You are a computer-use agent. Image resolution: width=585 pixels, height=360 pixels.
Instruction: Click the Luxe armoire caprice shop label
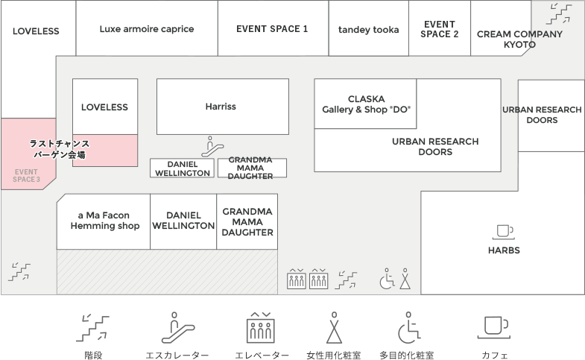click(x=147, y=29)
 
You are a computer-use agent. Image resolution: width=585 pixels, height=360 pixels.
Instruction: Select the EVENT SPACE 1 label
click(x=272, y=29)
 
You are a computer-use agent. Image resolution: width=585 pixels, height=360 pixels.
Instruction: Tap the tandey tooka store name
click(x=369, y=30)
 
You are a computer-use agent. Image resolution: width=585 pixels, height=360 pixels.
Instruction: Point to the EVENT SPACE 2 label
click(x=440, y=29)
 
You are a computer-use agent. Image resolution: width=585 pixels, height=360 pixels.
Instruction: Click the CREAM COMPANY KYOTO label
click(x=519, y=40)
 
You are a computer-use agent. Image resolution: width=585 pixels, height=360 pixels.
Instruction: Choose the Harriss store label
click(x=221, y=107)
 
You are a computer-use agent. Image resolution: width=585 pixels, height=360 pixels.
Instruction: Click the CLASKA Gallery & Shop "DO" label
click(x=366, y=104)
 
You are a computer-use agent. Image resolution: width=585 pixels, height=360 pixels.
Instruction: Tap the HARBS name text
click(x=504, y=250)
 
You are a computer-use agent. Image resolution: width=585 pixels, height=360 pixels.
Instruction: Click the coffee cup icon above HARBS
click(x=504, y=231)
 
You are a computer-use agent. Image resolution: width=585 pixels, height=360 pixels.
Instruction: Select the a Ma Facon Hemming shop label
click(x=104, y=221)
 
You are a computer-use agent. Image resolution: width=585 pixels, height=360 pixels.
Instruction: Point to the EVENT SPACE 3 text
click(x=26, y=175)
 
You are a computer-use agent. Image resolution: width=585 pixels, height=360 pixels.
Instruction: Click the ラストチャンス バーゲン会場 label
click(x=60, y=149)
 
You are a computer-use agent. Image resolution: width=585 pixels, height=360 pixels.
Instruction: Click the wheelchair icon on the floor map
click(x=388, y=280)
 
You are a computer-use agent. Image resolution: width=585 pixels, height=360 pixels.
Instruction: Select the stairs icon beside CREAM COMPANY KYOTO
click(x=559, y=13)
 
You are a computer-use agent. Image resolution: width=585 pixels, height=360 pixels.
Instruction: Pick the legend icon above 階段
click(x=94, y=327)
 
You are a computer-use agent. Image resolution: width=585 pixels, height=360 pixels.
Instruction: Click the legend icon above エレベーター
click(x=262, y=327)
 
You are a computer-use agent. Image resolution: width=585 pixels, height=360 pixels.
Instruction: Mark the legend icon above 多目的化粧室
click(x=407, y=327)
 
